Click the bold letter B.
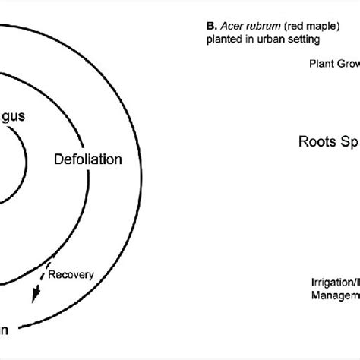pyautogui.click(x=210, y=25)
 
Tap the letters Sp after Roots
pyautogui.click(x=350, y=141)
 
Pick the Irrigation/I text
pyautogui.click(x=335, y=280)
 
